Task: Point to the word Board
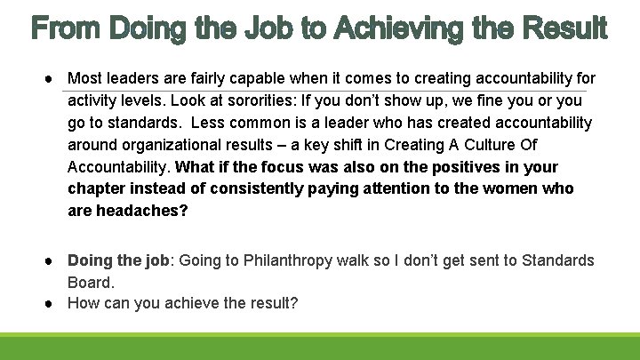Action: (90, 283)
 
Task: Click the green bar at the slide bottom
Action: (320, 347)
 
